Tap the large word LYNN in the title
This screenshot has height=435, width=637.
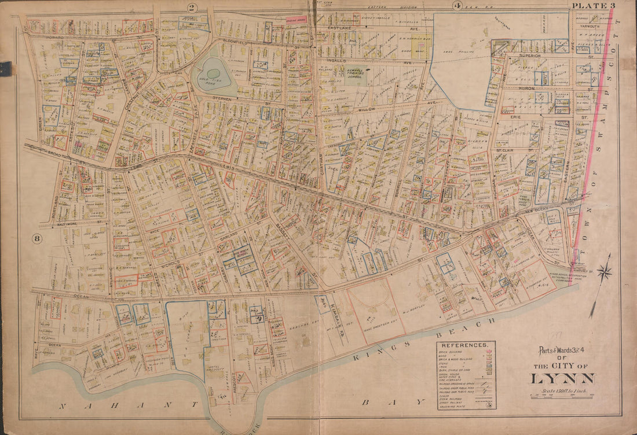point(563,379)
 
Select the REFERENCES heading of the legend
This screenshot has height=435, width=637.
point(466,345)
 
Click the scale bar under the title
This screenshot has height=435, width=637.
point(563,396)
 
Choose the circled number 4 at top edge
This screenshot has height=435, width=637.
point(456,6)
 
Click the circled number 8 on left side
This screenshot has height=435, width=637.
point(36,237)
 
